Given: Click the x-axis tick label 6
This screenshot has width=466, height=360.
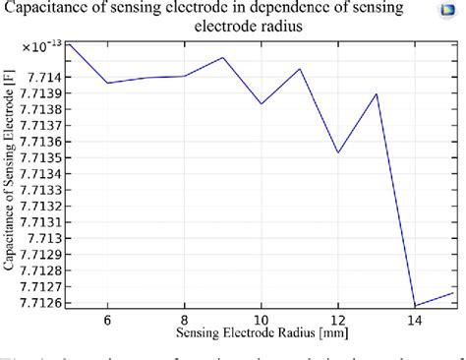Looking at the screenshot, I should coord(107,321).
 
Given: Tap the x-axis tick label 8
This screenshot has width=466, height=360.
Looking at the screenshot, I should coord(184,321).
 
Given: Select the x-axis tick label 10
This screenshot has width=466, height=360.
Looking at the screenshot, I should coord(261,321).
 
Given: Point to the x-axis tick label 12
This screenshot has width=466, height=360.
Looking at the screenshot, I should coord(337,321).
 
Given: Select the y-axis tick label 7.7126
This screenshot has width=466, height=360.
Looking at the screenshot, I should coord(40,302).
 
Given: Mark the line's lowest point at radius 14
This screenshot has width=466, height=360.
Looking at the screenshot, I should coord(415,306).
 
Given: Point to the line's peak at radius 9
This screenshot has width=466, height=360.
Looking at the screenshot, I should coord(223,57).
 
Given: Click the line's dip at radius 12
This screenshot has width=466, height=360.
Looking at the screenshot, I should coord(338,152).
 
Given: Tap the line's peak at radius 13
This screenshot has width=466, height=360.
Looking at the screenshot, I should coord(377,94).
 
